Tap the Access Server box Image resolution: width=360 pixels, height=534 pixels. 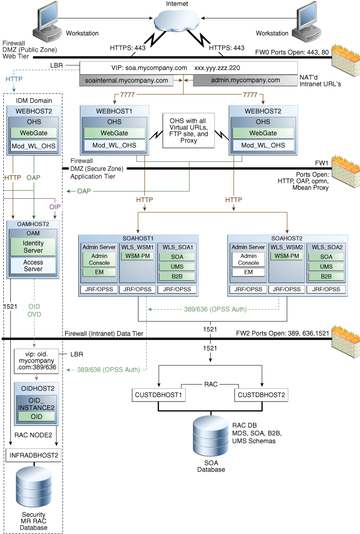tap(33, 266)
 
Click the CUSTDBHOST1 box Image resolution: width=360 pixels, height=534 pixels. tap(157, 395)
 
